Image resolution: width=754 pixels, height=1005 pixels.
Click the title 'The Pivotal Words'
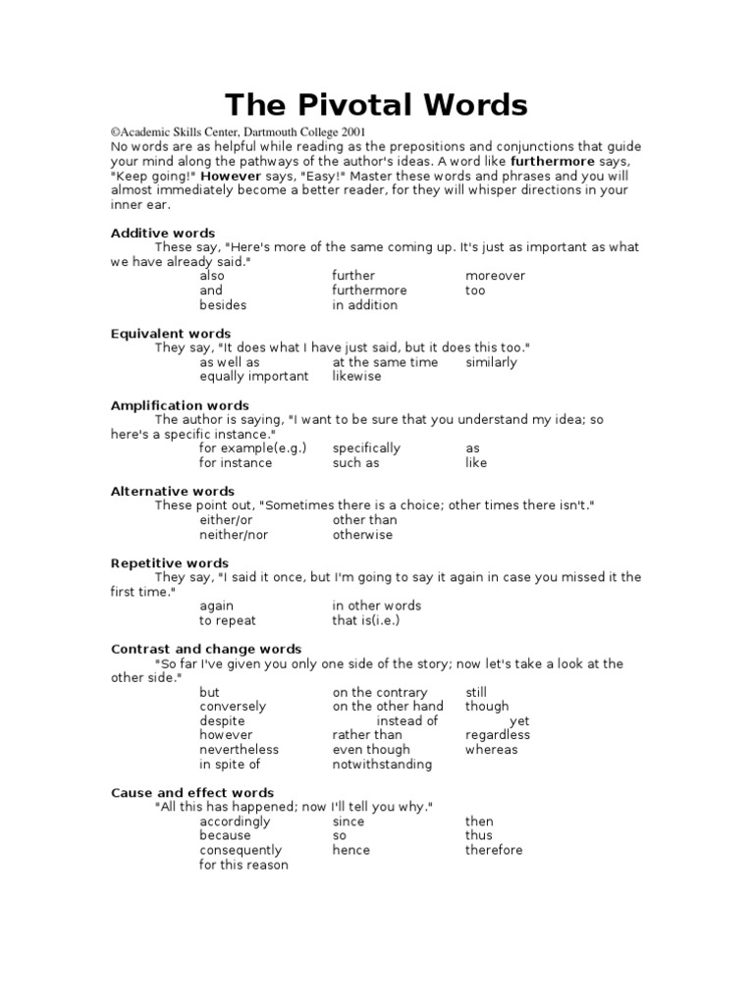[x=377, y=105]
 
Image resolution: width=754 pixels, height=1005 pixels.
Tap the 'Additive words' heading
[x=163, y=233]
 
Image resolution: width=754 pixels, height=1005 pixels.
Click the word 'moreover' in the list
[x=495, y=276]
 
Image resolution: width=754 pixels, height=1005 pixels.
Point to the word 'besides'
[x=223, y=305]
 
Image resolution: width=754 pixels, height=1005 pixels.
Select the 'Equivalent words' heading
[x=171, y=334]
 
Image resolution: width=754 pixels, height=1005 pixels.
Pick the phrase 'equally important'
[x=253, y=377]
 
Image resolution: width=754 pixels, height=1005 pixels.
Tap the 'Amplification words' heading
[x=180, y=405]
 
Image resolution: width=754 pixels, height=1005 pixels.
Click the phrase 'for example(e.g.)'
[x=252, y=449]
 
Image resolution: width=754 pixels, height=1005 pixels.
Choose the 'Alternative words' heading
[x=173, y=491]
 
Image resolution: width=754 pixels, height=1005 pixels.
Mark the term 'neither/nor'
[x=234, y=535]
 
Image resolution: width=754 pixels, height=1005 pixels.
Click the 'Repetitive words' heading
[x=170, y=563]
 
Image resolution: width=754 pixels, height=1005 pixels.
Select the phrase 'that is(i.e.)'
[x=366, y=620]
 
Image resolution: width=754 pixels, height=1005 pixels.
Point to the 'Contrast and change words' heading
[x=206, y=649]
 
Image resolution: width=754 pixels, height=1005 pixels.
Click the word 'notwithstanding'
[x=382, y=765]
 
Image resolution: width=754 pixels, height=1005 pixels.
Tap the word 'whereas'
[x=491, y=750]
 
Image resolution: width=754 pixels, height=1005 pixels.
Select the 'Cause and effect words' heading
[x=192, y=792]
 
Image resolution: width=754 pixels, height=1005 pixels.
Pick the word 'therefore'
[x=494, y=850]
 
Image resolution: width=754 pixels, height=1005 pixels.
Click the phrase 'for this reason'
[x=243, y=866]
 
